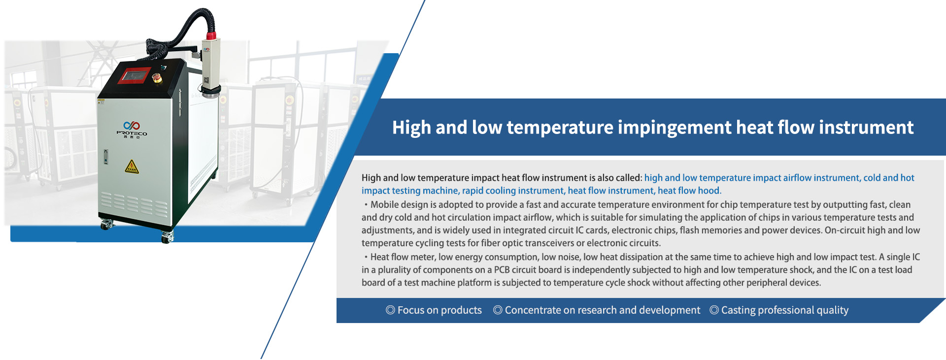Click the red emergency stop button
coord(157,78)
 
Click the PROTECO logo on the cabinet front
coord(132,129)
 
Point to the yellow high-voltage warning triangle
coord(132,167)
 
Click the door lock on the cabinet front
coord(105,157)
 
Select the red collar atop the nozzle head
coord(211,35)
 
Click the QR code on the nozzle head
coord(206,80)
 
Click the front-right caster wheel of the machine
coord(167,237)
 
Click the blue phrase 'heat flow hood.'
coord(689,191)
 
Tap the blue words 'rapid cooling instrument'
coord(512,191)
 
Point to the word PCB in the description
coord(502,269)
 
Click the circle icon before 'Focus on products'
coord(390,310)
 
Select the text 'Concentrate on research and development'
coord(602,310)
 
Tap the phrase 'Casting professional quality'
coord(785,310)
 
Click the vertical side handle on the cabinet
coord(180,103)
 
